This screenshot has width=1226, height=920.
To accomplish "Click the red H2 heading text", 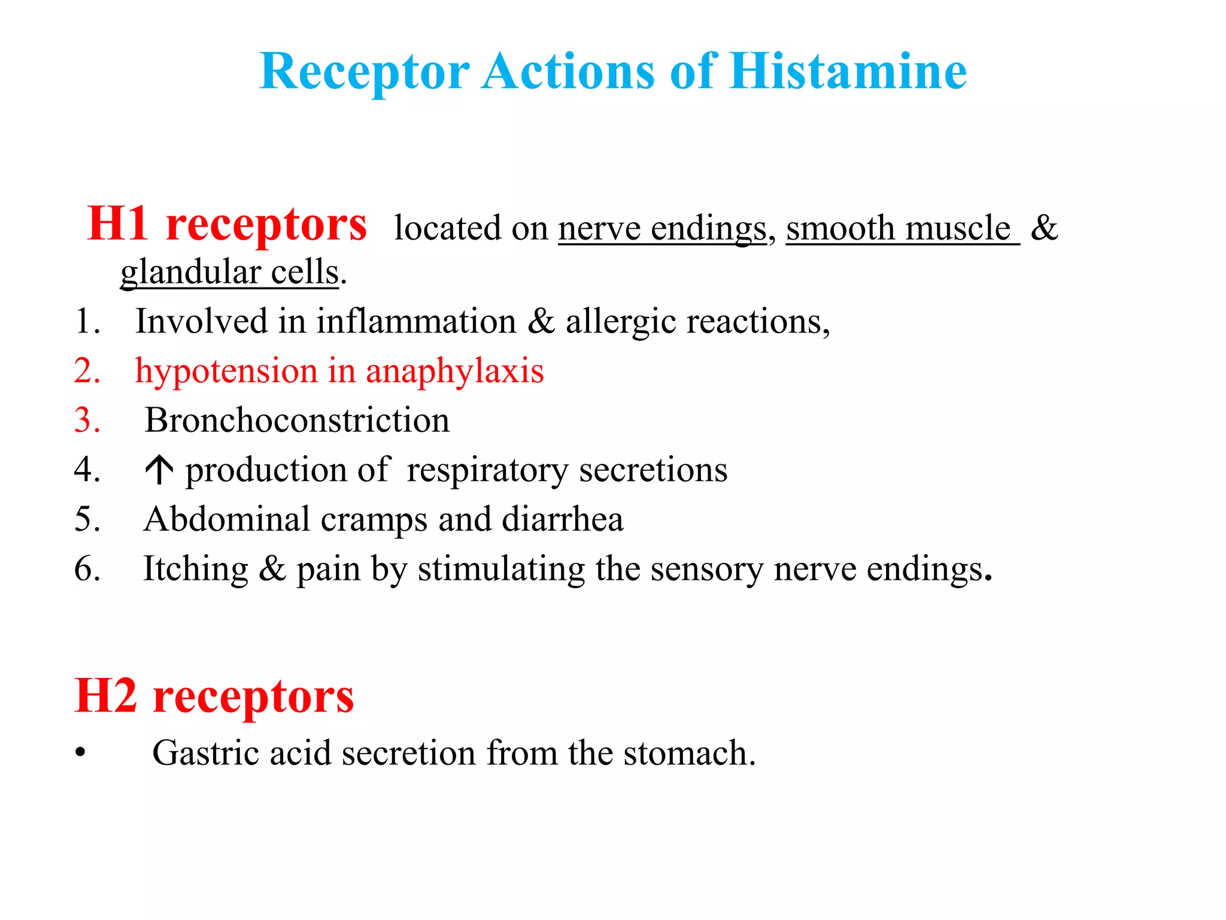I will (214, 697).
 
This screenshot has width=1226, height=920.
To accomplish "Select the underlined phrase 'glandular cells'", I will (230, 273).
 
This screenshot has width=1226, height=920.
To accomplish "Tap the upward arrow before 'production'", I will (159, 470).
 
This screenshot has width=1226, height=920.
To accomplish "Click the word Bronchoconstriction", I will (297, 420).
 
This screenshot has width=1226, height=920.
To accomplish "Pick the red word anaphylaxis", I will (455, 371).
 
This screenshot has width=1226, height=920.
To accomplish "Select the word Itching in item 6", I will (195, 569).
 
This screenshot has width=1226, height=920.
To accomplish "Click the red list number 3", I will (87, 420).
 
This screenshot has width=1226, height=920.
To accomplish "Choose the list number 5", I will (87, 519).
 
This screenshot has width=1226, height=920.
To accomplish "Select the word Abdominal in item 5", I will (226, 519).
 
